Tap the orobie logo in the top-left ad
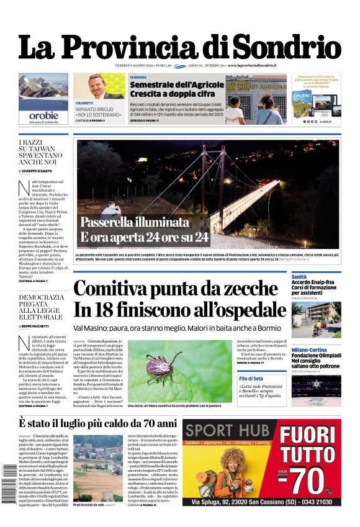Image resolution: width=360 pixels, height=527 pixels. click(x=43, y=115)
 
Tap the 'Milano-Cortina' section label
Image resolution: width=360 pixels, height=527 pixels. click(x=308, y=350)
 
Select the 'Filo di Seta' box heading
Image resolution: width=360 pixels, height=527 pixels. click(x=251, y=378)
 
